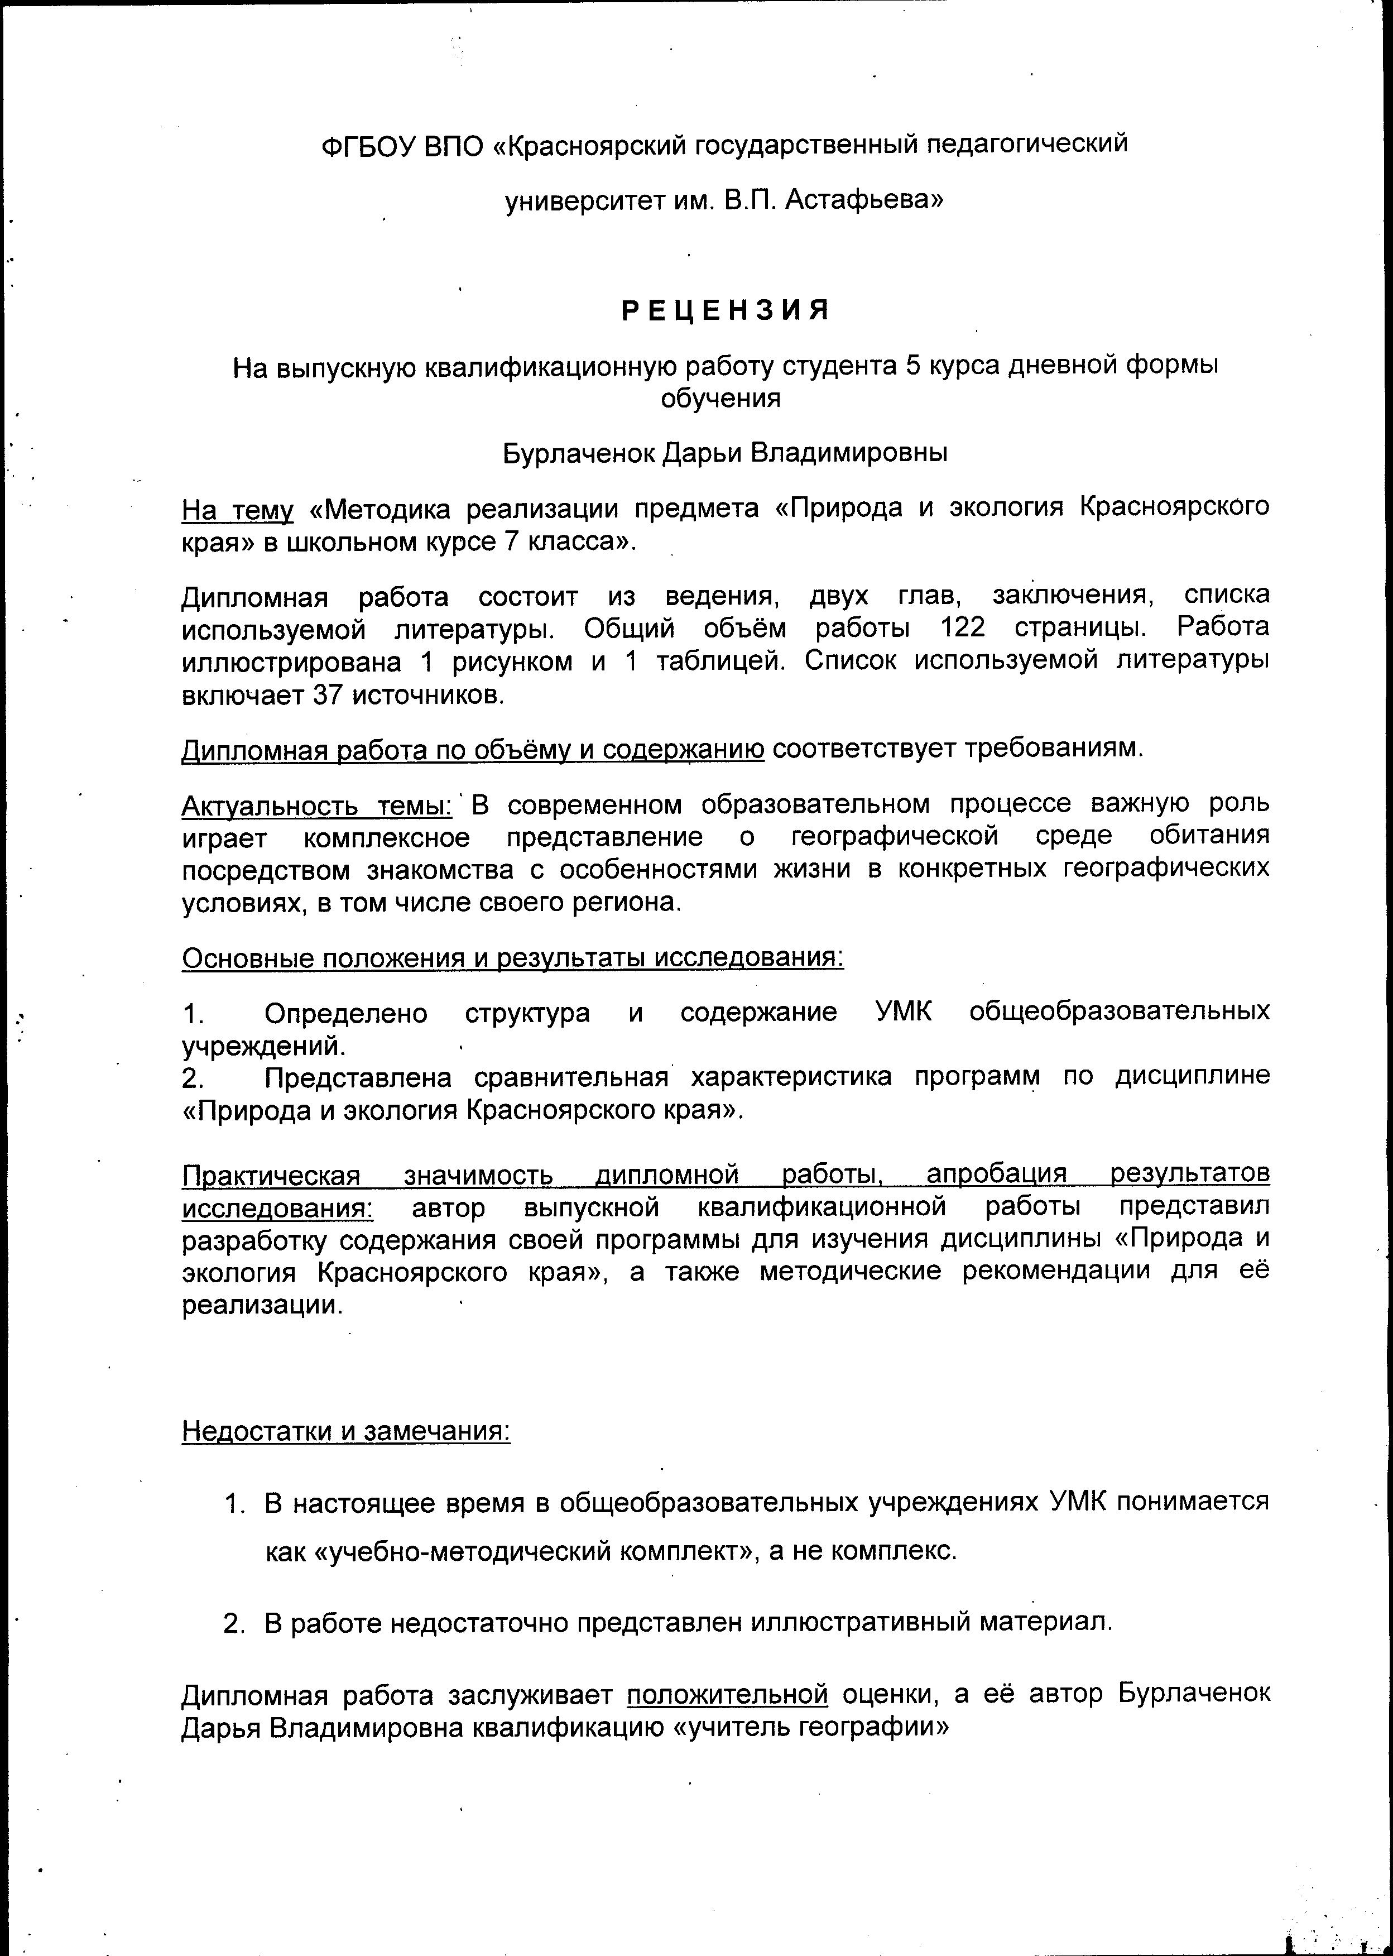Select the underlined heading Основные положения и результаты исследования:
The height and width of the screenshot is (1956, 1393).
pos(512,957)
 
